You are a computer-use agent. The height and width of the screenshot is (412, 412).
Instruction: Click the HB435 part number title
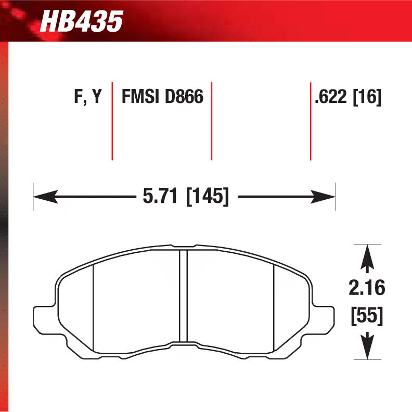pos(82,21)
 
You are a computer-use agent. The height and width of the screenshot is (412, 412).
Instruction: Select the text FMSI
pos(140,96)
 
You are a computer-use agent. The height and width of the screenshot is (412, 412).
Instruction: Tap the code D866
pos(184,96)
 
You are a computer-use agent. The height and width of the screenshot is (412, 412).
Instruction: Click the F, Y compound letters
pos(88,96)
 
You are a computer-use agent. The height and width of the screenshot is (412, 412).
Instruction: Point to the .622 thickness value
pos(331,97)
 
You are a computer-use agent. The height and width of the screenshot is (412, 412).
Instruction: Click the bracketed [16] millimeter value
pos(367,97)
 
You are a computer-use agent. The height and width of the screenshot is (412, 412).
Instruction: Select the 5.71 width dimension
pos(160,196)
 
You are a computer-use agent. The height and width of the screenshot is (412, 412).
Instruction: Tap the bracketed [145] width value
pos(208,196)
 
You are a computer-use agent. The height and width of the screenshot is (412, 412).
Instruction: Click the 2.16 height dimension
pos(367,288)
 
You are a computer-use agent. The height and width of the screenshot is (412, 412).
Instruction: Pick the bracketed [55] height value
pos(367,316)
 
